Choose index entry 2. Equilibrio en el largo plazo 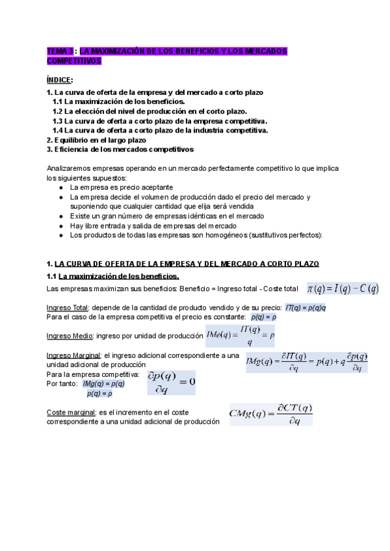[x=97, y=140]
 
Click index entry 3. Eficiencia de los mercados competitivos [x=120, y=149]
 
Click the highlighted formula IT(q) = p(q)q [x=305, y=307]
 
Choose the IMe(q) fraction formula [x=239, y=336]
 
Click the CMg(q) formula [x=272, y=414]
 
